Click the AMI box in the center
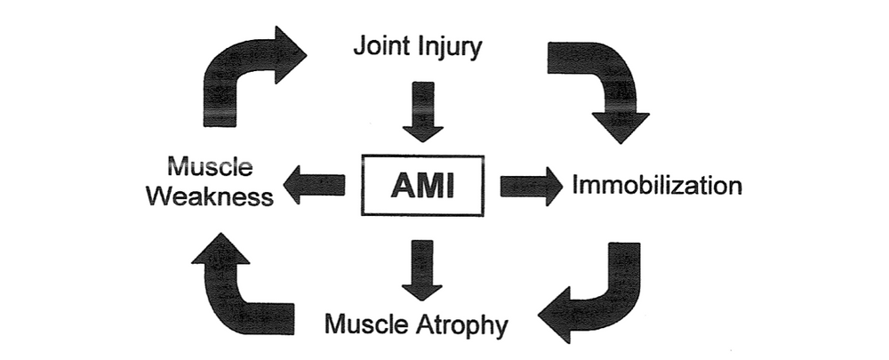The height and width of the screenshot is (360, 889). pyautogui.click(x=422, y=186)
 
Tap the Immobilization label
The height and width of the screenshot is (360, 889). pyautogui.click(x=657, y=186)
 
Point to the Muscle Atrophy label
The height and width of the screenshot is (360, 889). pyautogui.click(x=416, y=324)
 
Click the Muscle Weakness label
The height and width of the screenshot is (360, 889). pyautogui.click(x=210, y=181)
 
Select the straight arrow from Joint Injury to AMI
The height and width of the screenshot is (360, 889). pyautogui.click(x=422, y=111)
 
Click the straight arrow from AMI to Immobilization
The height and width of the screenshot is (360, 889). pyautogui.click(x=531, y=186)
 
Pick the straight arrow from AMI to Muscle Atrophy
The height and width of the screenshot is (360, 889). pyautogui.click(x=422, y=268)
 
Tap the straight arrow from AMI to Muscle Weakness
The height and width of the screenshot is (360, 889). pyautogui.click(x=313, y=185)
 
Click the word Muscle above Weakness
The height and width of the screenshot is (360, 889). pyautogui.click(x=210, y=166)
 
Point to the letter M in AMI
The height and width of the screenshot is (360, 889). pyautogui.click(x=425, y=186)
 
